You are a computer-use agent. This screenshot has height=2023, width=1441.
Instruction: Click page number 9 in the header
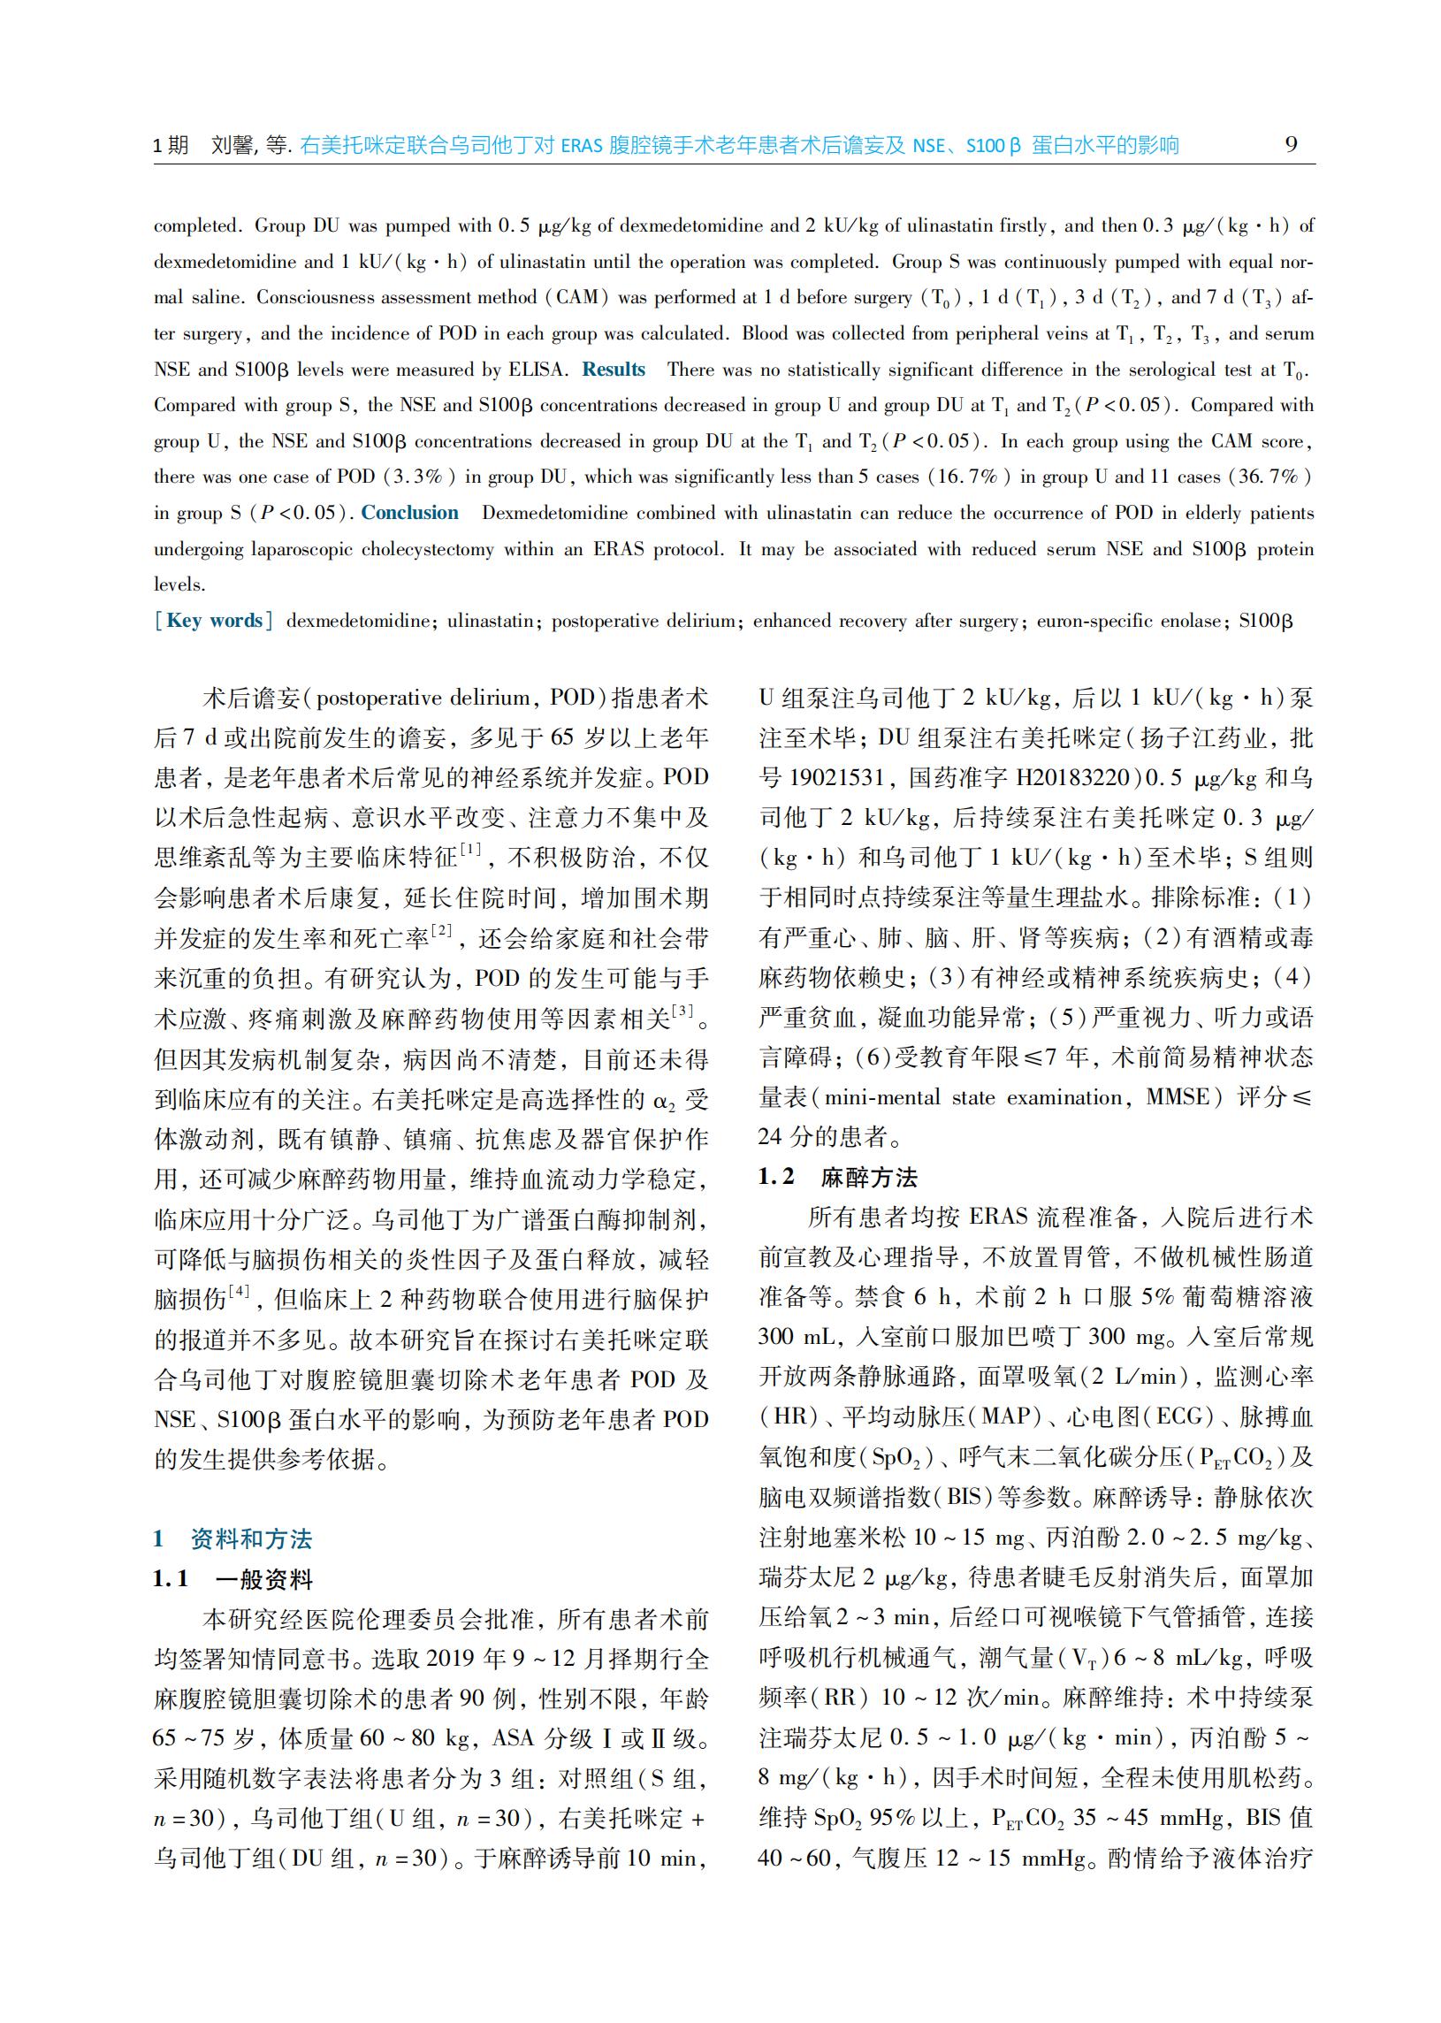click(x=1291, y=144)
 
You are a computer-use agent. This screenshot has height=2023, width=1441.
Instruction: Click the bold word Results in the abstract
click(x=614, y=369)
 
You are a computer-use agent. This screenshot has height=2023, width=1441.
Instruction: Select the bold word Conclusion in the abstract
click(x=409, y=513)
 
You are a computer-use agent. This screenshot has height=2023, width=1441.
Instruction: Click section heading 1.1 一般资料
click(x=233, y=1578)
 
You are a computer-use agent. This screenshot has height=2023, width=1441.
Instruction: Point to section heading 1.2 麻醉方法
click(x=837, y=1178)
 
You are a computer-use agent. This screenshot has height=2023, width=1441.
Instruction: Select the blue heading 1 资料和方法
click(x=233, y=1538)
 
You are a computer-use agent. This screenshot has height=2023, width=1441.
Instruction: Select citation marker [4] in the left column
click(x=239, y=1291)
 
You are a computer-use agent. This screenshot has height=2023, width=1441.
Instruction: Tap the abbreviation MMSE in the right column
click(x=1178, y=1097)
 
